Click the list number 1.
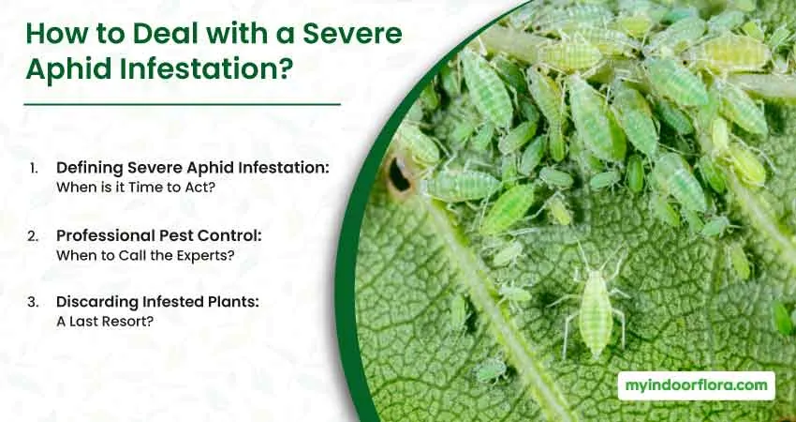tap(34, 168)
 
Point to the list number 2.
tap(33, 236)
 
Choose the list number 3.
tap(33, 302)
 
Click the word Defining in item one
tap(90, 168)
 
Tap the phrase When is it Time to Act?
tap(136, 188)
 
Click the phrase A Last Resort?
tap(105, 322)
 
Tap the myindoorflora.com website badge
tap(696, 386)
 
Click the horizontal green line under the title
tap(183, 104)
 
